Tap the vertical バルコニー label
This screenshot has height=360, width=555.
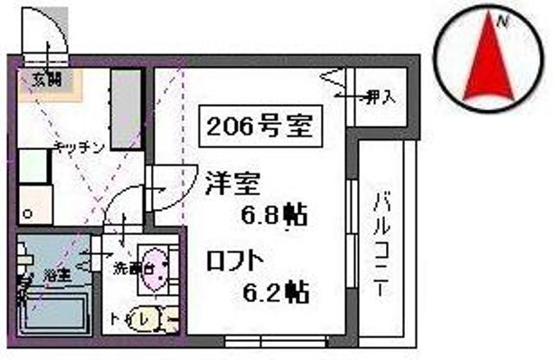381,245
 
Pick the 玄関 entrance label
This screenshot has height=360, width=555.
45,78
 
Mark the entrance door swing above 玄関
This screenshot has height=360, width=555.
48,35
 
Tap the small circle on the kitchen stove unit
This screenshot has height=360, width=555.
29,212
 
